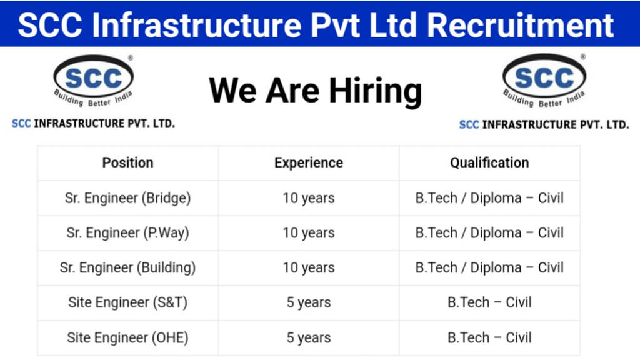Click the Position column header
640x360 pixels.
click(127, 163)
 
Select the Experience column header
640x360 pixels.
click(309, 163)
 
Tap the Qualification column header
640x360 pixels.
click(489, 163)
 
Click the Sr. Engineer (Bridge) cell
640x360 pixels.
click(127, 198)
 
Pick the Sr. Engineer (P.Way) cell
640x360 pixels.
click(127, 232)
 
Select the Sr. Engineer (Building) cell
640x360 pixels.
click(127, 267)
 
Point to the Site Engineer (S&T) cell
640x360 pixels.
click(127, 302)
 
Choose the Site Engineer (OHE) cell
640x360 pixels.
click(127, 337)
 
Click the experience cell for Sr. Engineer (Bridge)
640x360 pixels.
click(309, 198)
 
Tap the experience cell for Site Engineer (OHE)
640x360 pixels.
click(309, 337)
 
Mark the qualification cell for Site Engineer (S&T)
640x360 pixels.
click(489, 302)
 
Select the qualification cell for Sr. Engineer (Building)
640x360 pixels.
click(489, 267)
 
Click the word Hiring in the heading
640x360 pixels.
click(376, 91)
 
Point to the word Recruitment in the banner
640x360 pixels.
click(521, 25)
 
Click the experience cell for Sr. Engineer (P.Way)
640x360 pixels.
click(309, 232)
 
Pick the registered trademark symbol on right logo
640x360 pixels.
click(583, 57)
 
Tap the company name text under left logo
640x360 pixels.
click(94, 123)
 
